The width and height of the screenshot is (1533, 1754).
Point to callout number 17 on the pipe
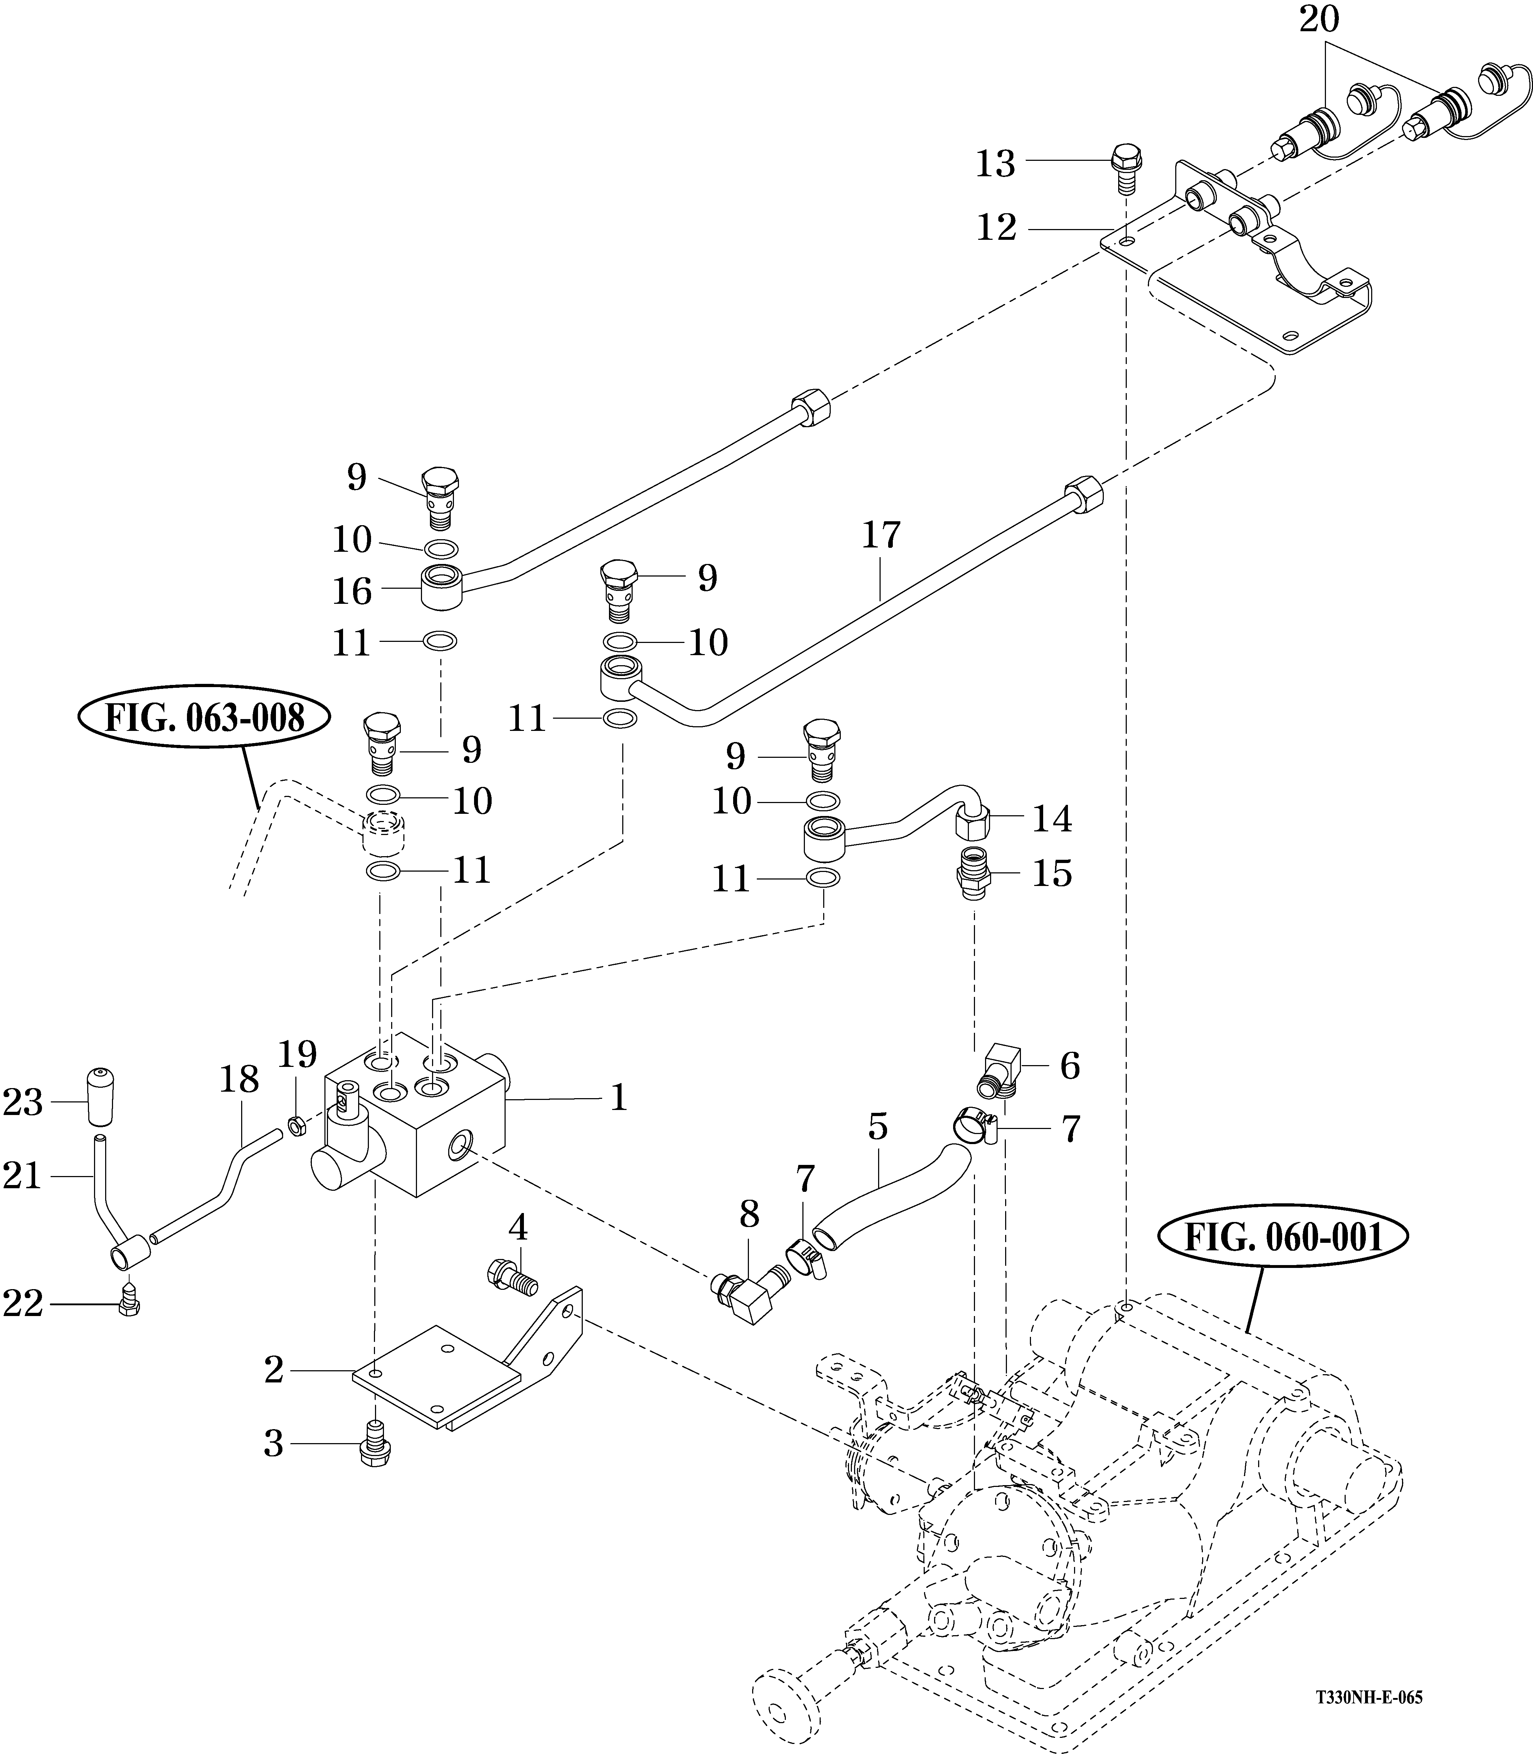[881, 536]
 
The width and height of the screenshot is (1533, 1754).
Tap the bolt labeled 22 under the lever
[129, 1302]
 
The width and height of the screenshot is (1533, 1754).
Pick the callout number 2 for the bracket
[274, 1370]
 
